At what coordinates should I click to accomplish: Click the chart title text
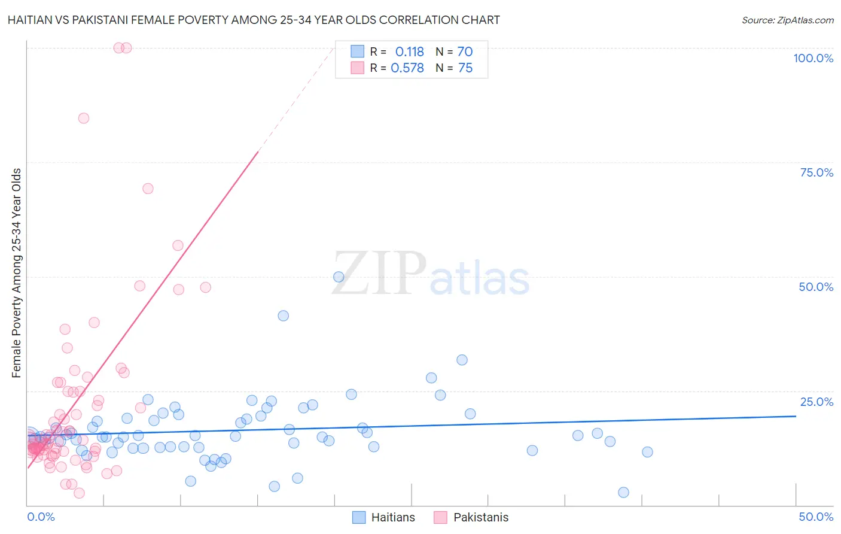click(x=254, y=20)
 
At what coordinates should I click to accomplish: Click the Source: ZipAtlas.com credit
click(x=787, y=20)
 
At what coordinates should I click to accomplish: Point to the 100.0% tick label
click(x=813, y=58)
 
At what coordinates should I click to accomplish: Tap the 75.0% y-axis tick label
click(x=816, y=172)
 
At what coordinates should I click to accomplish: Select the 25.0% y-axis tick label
click(x=816, y=402)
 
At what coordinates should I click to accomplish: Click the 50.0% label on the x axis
click(x=816, y=517)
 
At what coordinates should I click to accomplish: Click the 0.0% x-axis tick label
click(x=41, y=517)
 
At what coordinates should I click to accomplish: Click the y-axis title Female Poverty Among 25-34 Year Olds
click(x=17, y=273)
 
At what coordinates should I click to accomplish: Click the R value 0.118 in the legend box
click(x=409, y=52)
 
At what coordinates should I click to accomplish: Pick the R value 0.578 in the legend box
click(x=407, y=68)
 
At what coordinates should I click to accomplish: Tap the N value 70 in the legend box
click(x=465, y=52)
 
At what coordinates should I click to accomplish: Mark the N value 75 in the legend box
click(x=465, y=68)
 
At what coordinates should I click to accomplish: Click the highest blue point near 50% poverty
click(x=339, y=277)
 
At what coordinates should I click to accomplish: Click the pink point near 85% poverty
click(x=84, y=119)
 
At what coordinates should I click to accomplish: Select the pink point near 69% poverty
click(x=148, y=189)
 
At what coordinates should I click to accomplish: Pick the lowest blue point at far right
click(x=623, y=492)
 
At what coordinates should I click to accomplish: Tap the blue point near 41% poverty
click(x=284, y=315)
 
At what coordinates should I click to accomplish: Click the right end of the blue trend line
click(x=796, y=415)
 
